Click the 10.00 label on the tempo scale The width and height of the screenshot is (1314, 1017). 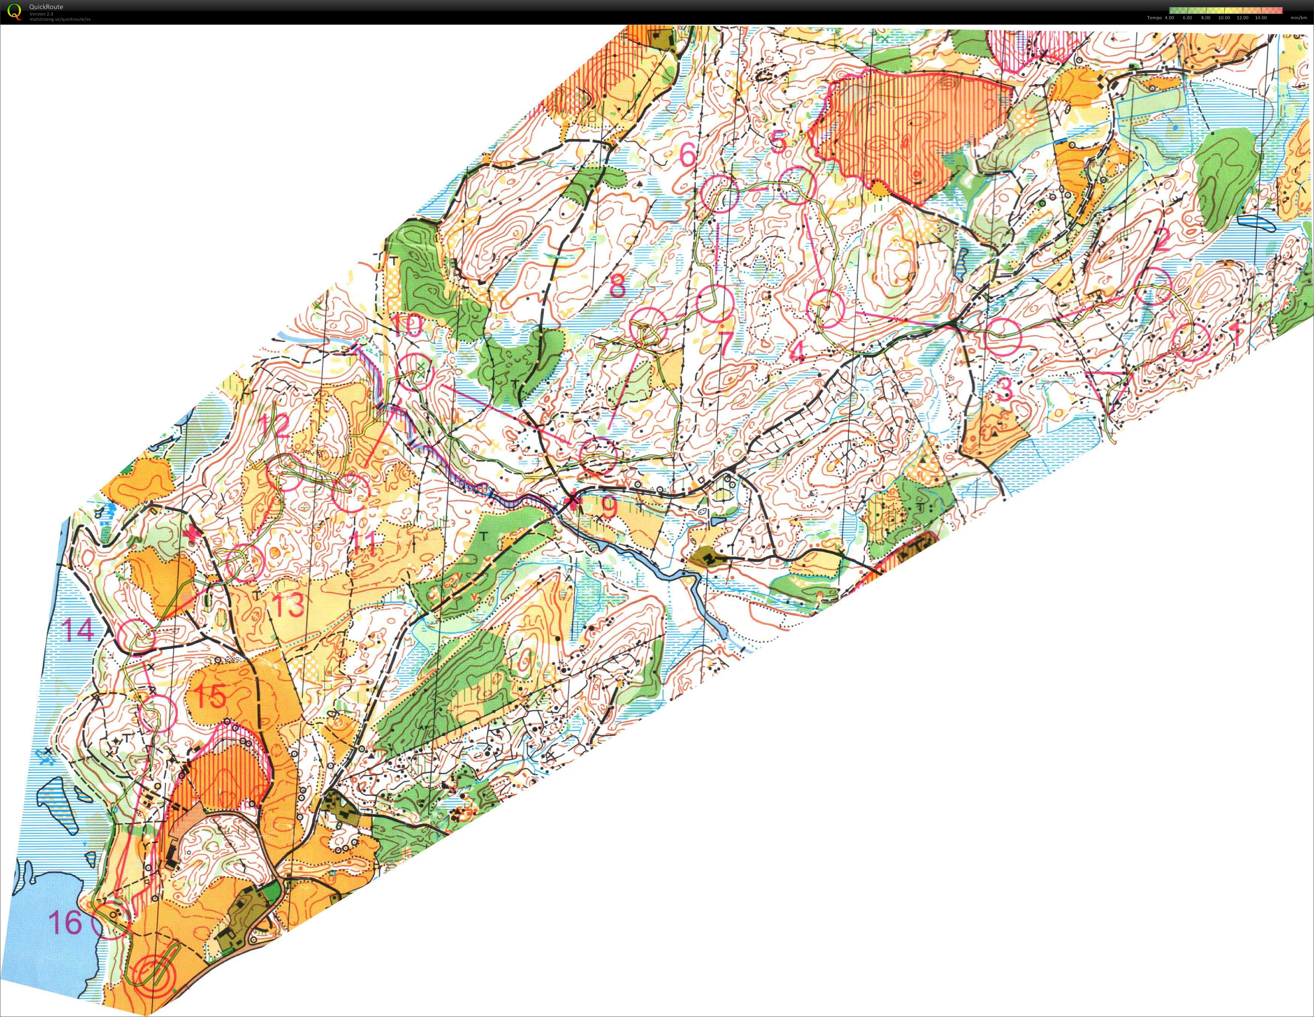pos(1224,18)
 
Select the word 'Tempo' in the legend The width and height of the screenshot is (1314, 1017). pos(1154,18)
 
